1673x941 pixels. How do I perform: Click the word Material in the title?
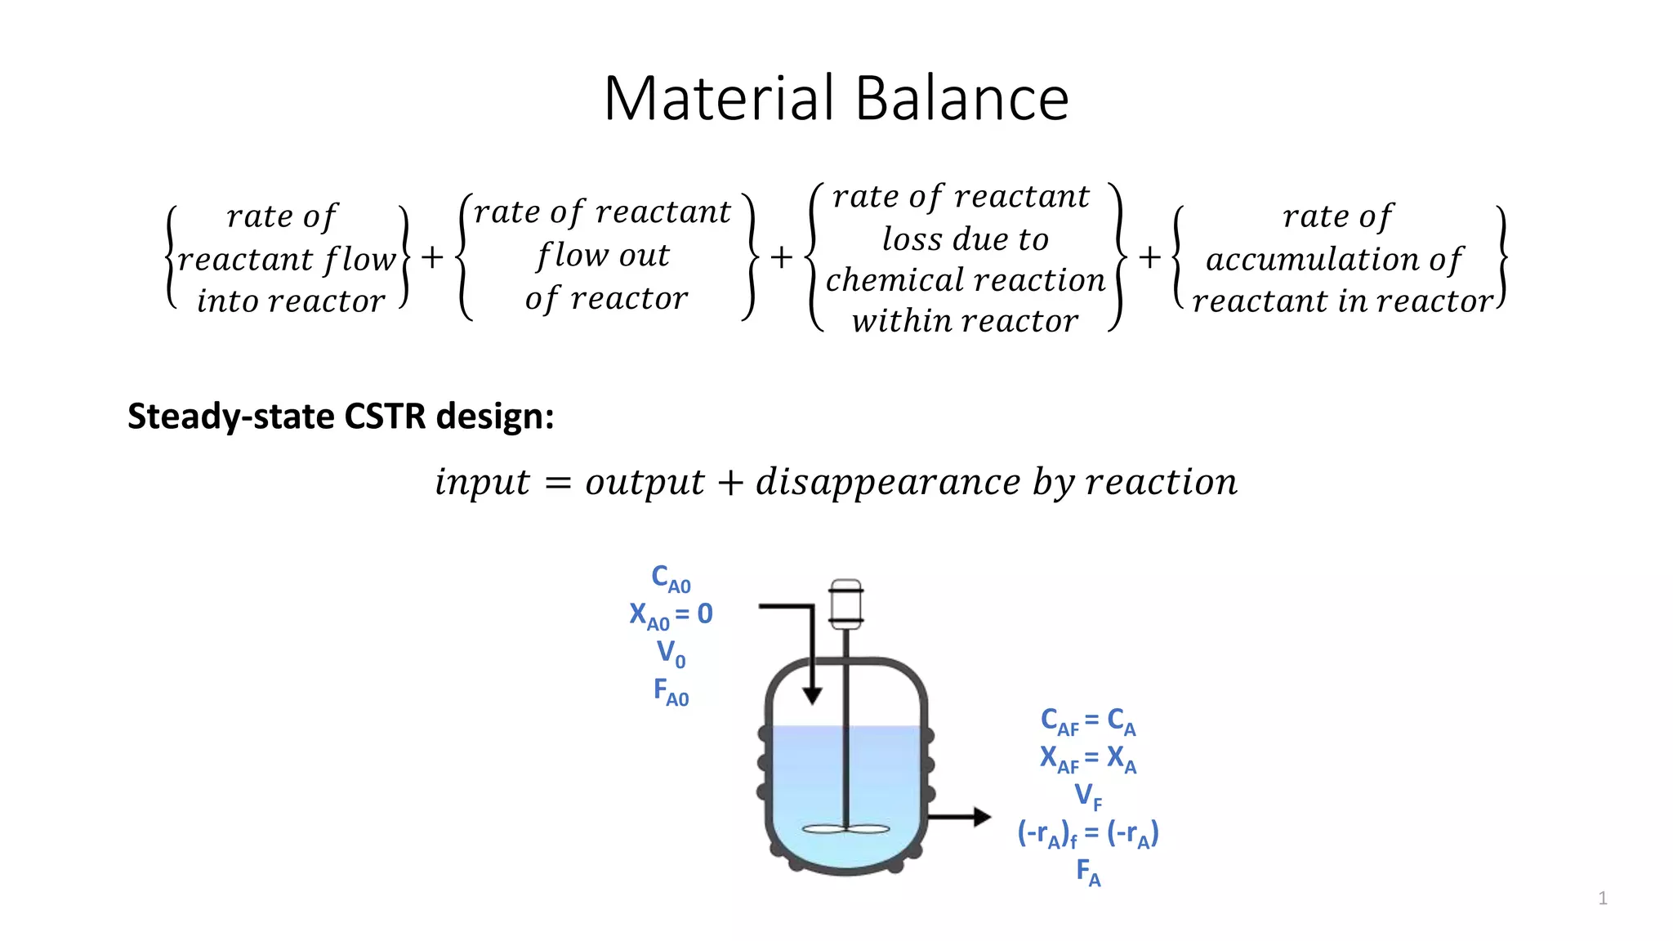pos(719,98)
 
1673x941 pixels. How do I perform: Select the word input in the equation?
pos(482,482)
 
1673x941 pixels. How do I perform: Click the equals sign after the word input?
pos(557,484)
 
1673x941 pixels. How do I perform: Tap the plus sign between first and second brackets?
pos(432,257)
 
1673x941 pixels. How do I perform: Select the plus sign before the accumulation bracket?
pos(1149,257)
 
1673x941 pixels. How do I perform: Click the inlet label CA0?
pos(671,578)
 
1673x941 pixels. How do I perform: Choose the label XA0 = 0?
pos(671,615)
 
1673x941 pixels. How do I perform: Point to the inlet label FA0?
pos(671,691)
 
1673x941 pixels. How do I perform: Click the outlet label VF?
pos(1088,795)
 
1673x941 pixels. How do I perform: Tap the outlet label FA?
pos(1088,872)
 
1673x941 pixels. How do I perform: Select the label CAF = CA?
pos(1088,721)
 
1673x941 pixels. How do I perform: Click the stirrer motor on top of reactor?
pos(845,604)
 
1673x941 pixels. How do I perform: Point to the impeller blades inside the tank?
pos(845,829)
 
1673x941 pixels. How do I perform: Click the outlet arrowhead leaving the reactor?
pos(981,816)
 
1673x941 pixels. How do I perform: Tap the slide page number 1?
pos(1603,899)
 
